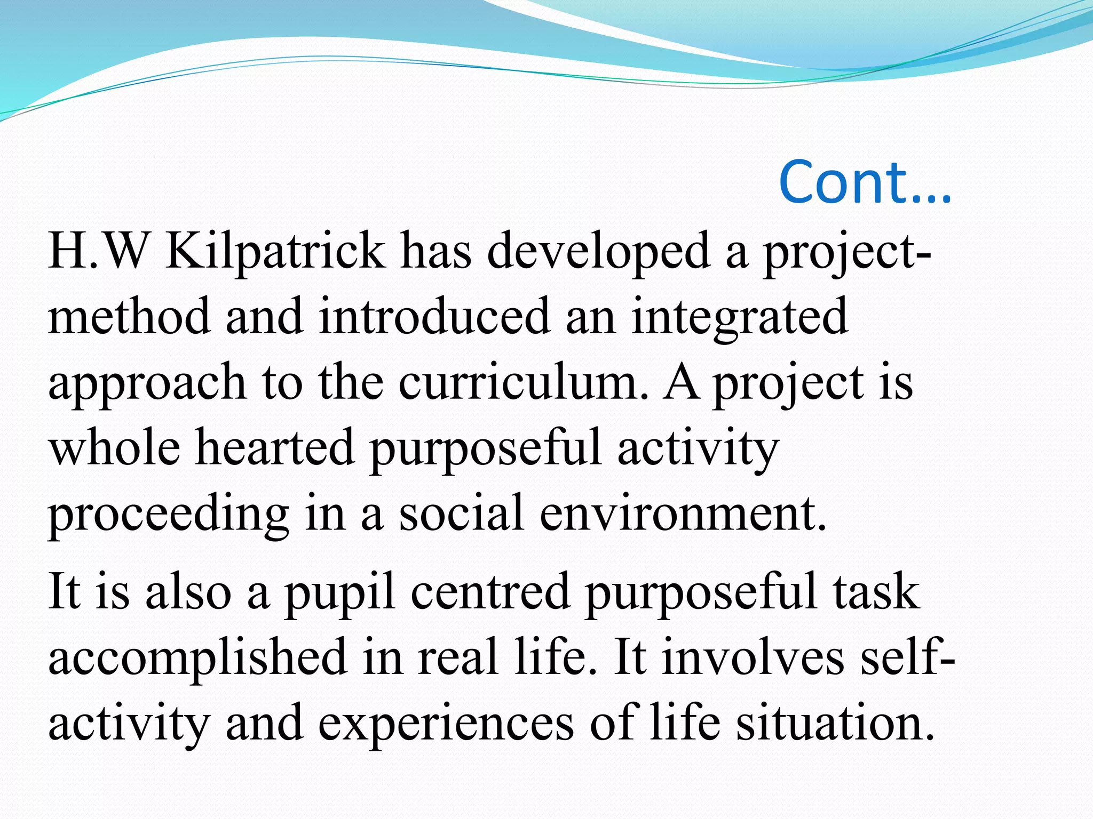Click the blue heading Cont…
click(x=865, y=182)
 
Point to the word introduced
click(x=434, y=316)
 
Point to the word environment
click(x=683, y=512)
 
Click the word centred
click(x=490, y=591)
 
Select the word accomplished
click(x=198, y=657)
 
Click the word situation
click(x=835, y=722)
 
